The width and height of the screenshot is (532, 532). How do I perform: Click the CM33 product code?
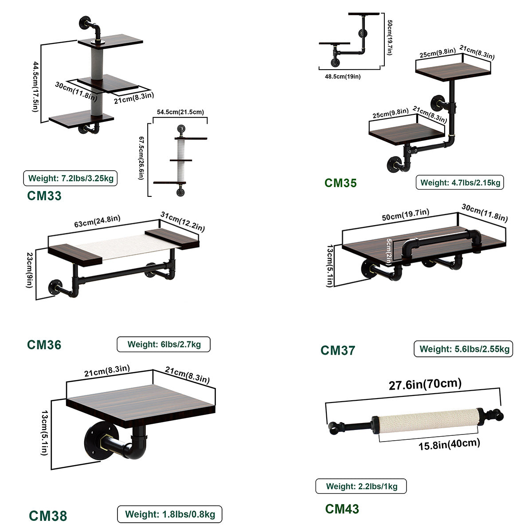pyautogui.click(x=44, y=196)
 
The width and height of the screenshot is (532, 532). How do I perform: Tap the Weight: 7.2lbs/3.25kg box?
pyautogui.click(x=70, y=179)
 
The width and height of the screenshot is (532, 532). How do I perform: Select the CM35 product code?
pyautogui.click(x=340, y=183)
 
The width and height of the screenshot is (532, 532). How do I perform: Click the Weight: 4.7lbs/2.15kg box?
pyautogui.click(x=460, y=182)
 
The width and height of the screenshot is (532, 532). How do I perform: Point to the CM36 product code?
pyautogui.click(x=44, y=344)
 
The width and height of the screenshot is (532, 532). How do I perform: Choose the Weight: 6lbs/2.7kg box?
pyautogui.click(x=164, y=344)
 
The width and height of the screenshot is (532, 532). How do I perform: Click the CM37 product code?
pyautogui.click(x=338, y=350)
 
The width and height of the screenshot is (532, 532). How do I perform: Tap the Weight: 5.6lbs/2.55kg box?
pyautogui.click(x=464, y=349)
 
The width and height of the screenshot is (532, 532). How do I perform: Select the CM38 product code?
pyautogui.click(x=48, y=516)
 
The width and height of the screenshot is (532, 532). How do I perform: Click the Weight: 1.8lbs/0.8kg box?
pyautogui.click(x=169, y=515)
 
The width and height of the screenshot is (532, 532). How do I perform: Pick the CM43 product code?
pyautogui.click(x=342, y=509)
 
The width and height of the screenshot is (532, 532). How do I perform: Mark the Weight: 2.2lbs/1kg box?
pyautogui.click(x=361, y=486)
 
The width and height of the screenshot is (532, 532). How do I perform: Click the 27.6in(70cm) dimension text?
pyautogui.click(x=425, y=384)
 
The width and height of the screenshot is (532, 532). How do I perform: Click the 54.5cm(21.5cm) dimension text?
pyautogui.click(x=180, y=112)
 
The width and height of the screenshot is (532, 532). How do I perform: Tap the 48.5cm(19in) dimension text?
pyautogui.click(x=343, y=76)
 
